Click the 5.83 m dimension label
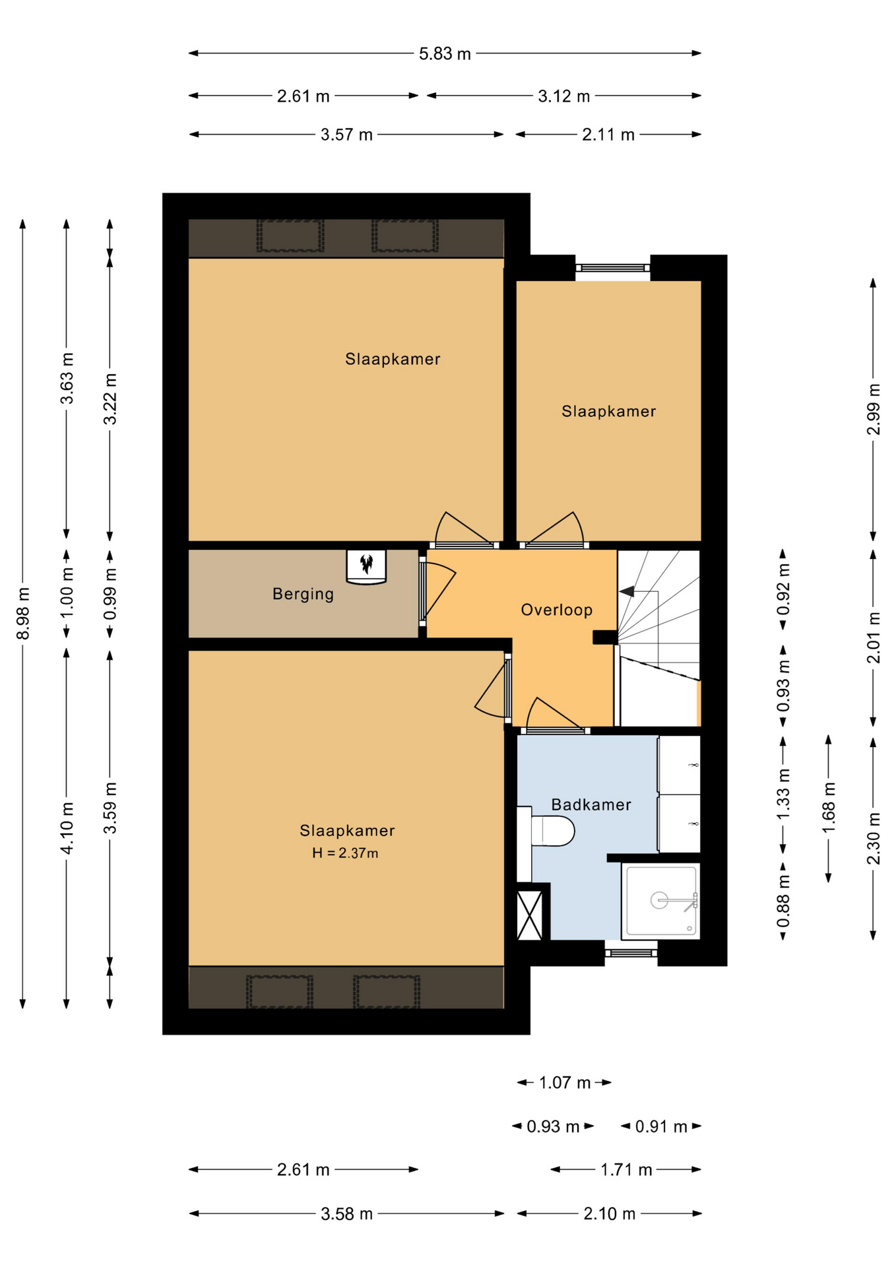(445, 53)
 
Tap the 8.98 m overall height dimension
(23, 613)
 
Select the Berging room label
(303, 594)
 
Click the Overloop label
(557, 610)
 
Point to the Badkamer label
(591, 804)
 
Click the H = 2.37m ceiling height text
(345, 853)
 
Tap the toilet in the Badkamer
(546, 832)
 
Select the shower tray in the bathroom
(661, 901)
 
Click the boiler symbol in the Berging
(366, 566)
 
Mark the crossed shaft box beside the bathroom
(530, 915)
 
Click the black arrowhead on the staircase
(627, 591)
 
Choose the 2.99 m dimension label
(873, 409)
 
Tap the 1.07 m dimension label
(565, 1083)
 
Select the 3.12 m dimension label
(563, 96)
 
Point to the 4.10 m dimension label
(67, 828)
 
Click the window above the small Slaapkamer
(612, 268)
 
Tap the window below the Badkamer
(631, 953)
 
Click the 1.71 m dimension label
(626, 1170)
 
